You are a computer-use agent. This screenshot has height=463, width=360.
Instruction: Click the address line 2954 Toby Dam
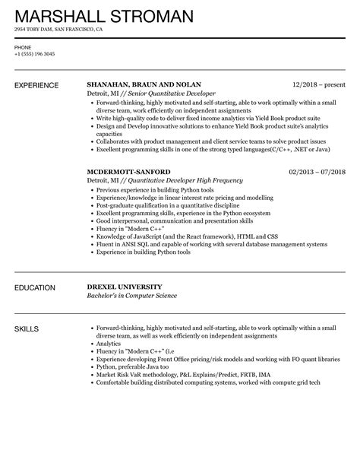58,30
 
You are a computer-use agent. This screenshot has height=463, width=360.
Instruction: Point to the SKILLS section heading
29,329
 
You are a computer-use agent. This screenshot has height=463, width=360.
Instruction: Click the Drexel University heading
129,288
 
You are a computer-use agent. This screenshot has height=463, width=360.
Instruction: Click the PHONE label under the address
24,46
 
